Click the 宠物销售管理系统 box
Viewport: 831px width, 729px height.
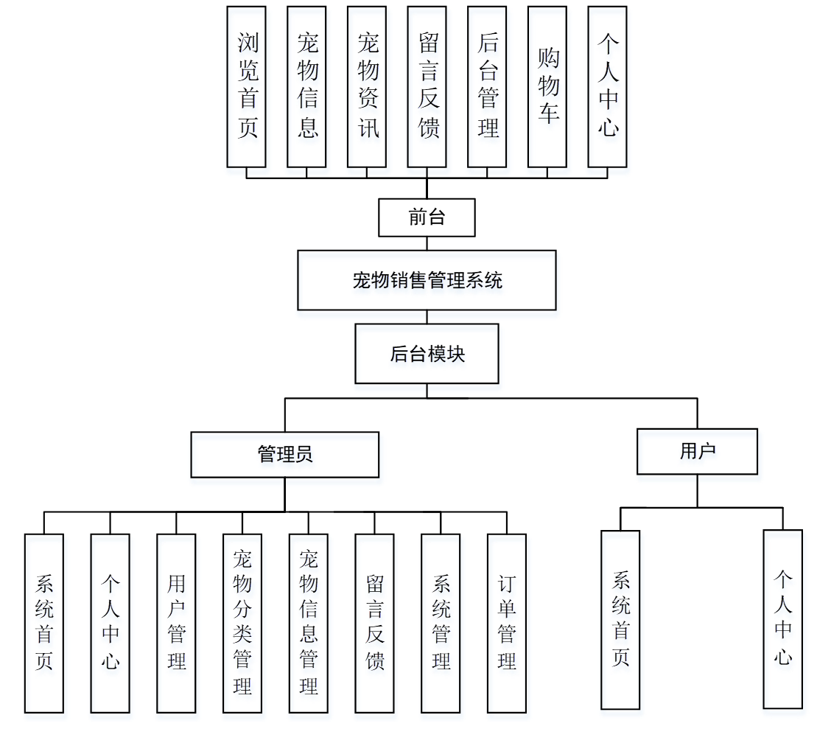click(427, 280)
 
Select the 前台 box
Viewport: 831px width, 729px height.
click(427, 217)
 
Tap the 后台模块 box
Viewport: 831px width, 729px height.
click(427, 354)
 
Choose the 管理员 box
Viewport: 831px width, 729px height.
click(285, 454)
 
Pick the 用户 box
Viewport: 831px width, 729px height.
click(697, 451)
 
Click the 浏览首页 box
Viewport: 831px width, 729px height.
click(247, 87)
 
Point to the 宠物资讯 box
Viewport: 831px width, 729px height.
click(367, 87)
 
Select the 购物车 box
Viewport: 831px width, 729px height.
click(547, 87)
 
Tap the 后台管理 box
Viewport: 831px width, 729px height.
click(487, 87)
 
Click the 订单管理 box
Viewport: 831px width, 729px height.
click(507, 623)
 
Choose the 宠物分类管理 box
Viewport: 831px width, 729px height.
click(242, 623)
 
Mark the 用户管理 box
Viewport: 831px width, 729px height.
click(176, 623)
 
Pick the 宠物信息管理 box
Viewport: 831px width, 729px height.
click(308, 623)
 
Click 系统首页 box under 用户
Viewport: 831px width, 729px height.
click(620, 619)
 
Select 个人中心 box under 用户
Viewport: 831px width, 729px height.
click(782, 618)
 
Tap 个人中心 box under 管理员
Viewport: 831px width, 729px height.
click(110, 623)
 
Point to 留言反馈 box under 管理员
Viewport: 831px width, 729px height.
click(374, 623)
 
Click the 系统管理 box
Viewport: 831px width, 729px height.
click(441, 623)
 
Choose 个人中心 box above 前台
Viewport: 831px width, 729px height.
click(607, 87)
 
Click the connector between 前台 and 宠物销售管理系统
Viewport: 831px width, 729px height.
click(427, 243)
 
